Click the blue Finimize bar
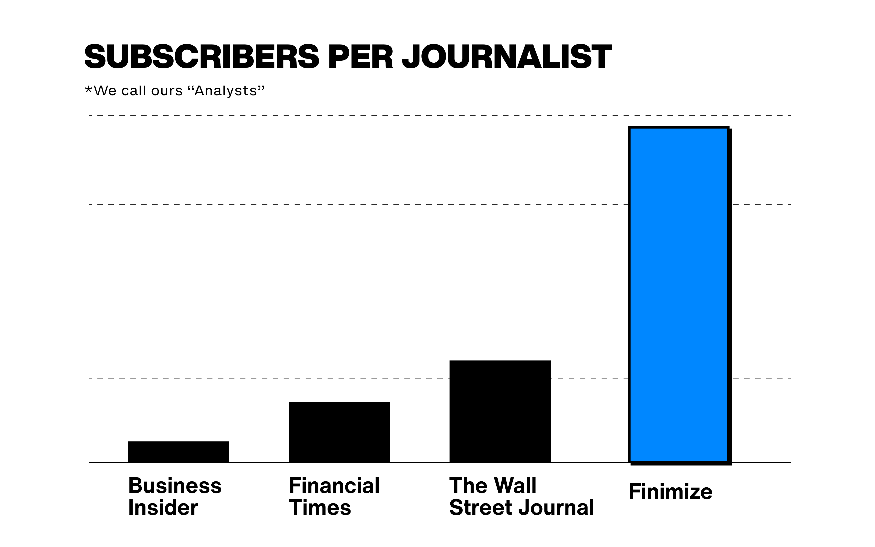point(679,295)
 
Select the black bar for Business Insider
point(178,452)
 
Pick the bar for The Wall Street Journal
point(500,411)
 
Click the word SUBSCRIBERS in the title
point(202,57)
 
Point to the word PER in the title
point(360,57)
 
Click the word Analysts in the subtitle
point(226,91)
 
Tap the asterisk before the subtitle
point(88,90)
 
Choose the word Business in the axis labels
point(175,485)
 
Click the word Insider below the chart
point(163,508)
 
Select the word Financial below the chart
point(334,485)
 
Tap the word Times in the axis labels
point(320,508)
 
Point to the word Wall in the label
point(515,485)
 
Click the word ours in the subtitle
point(167,91)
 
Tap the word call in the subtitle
point(133,91)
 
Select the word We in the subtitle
point(105,91)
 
